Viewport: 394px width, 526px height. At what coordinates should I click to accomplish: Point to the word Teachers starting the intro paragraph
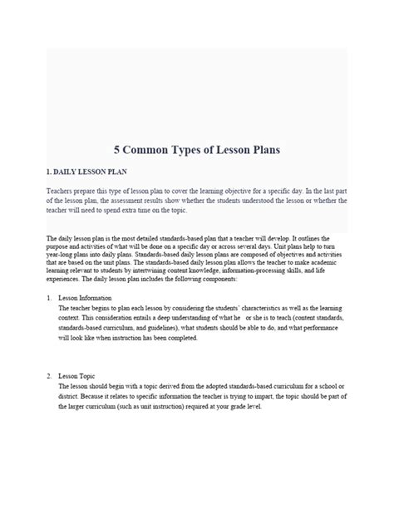[x=61, y=191]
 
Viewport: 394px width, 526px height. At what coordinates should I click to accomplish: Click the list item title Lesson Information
[x=86, y=297]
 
